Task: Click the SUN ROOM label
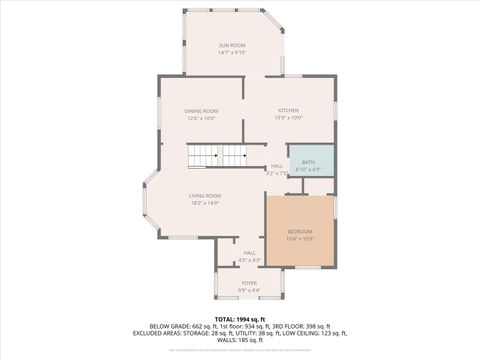click(232, 46)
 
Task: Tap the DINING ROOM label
click(201, 111)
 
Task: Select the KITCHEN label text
click(288, 111)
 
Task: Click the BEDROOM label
click(300, 231)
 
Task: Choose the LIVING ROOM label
click(204, 195)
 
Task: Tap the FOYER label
click(249, 283)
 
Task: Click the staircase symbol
click(217, 156)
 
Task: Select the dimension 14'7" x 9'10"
click(232, 54)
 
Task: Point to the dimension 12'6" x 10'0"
click(201, 118)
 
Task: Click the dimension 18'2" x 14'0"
click(204, 203)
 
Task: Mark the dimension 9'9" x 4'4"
click(249, 290)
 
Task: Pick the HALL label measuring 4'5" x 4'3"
click(249, 253)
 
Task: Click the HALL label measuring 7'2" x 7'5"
click(277, 166)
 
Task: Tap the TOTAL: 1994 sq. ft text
click(240, 319)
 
